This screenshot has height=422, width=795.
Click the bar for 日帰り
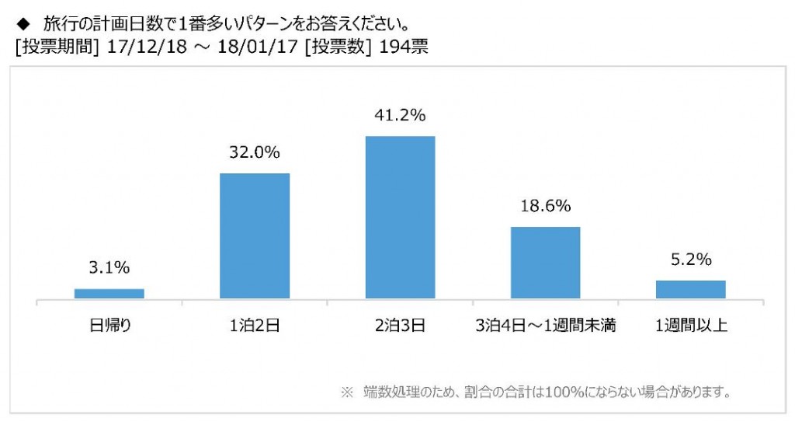click(109, 293)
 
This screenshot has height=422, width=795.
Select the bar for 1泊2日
click(255, 235)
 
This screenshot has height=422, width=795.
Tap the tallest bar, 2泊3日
click(400, 217)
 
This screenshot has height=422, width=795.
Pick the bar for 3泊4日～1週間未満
click(545, 262)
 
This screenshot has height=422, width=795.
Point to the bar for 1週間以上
click(690, 289)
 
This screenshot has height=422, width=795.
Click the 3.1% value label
click(109, 267)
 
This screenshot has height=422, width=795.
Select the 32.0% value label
click(255, 153)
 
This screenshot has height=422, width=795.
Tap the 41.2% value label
click(400, 116)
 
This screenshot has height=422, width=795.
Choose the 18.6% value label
click(545, 206)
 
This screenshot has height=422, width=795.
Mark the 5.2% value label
click(690, 260)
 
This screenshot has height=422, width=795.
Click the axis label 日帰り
click(109, 326)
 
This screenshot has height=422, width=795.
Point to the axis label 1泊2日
click(255, 326)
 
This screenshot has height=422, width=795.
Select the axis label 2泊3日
click(400, 326)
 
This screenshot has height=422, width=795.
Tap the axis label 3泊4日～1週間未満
click(545, 326)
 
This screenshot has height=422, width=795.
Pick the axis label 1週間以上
click(690, 326)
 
